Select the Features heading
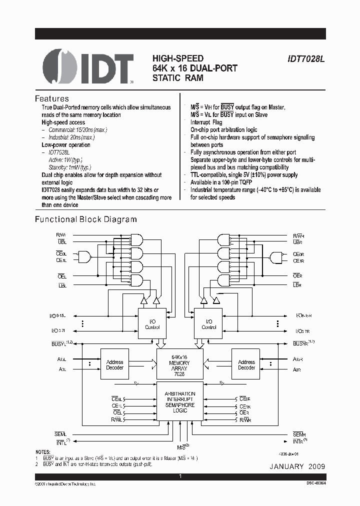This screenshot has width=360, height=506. click(51, 98)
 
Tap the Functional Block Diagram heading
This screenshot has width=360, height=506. click(85, 219)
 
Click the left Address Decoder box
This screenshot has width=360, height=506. click(114, 364)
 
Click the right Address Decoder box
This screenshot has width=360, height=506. click(246, 364)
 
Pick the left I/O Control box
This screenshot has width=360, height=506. click(152, 324)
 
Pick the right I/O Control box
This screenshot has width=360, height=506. click(208, 324)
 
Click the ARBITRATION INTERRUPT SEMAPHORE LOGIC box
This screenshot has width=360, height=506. click(180, 402)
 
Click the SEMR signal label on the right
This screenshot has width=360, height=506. click(299, 434)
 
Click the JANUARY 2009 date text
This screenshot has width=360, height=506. click(297, 466)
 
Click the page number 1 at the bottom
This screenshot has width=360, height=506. click(180, 477)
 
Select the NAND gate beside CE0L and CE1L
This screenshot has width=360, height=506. click(85, 256)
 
